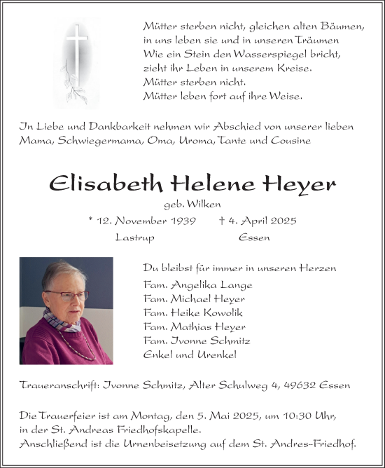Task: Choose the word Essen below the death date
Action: (254, 238)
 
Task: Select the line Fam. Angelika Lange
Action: (197, 285)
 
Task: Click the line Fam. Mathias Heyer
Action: (195, 327)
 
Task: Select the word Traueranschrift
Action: (59, 386)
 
